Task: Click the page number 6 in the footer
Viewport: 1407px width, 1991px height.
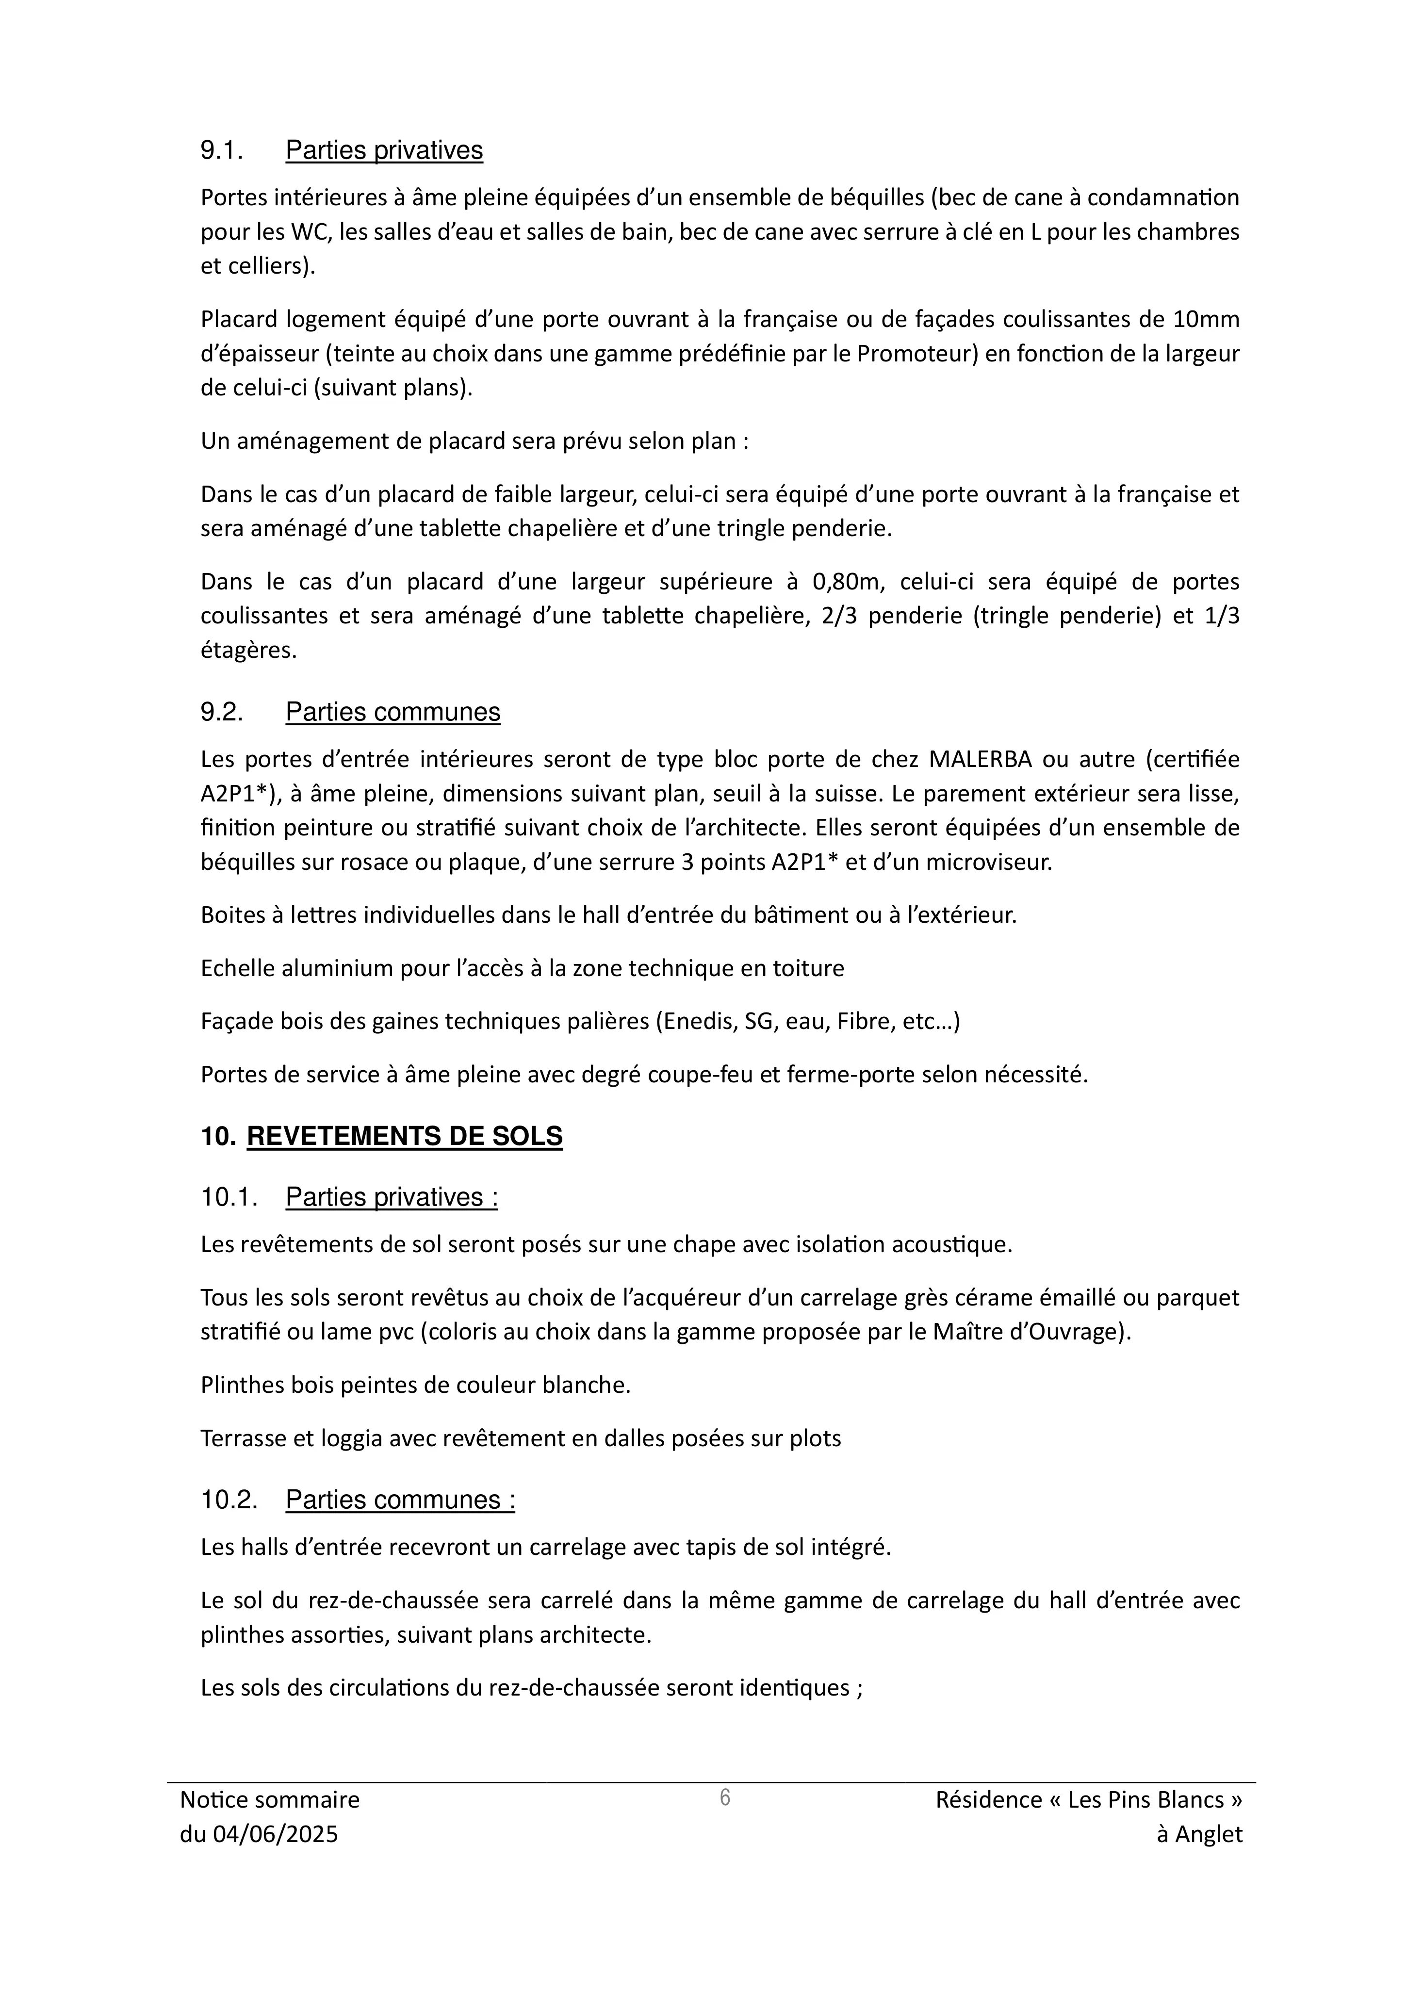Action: [x=725, y=1797]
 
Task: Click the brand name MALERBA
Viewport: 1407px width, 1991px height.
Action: [x=980, y=760]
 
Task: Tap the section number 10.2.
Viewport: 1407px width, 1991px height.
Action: [x=229, y=1500]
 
